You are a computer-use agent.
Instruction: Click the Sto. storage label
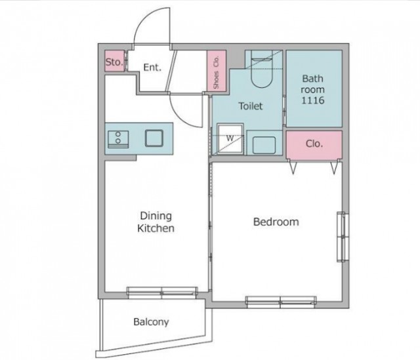pos(114,62)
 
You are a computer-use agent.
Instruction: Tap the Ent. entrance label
pos(152,67)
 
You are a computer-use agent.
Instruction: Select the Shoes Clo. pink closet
pos(217,71)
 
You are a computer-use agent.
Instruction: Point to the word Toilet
pos(251,106)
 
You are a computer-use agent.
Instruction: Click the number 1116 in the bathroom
pos(313,100)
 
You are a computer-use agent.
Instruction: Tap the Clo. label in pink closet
pos(314,144)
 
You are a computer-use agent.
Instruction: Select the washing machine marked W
pos(230,139)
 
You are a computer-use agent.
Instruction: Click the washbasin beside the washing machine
pos(264,145)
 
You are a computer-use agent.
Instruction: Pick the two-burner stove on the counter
pos(118,140)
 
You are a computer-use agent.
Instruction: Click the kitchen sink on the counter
pos(154,138)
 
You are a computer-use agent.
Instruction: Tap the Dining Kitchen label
pos(156,222)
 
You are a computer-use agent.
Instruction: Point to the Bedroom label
pos(276,222)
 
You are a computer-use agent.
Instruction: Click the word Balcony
pos(152,322)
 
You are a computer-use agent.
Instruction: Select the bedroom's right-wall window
pos(343,237)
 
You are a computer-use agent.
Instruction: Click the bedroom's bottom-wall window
pos(281,302)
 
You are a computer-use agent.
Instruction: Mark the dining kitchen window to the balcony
pos(162,292)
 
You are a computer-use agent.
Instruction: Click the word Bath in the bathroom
pos(312,79)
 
